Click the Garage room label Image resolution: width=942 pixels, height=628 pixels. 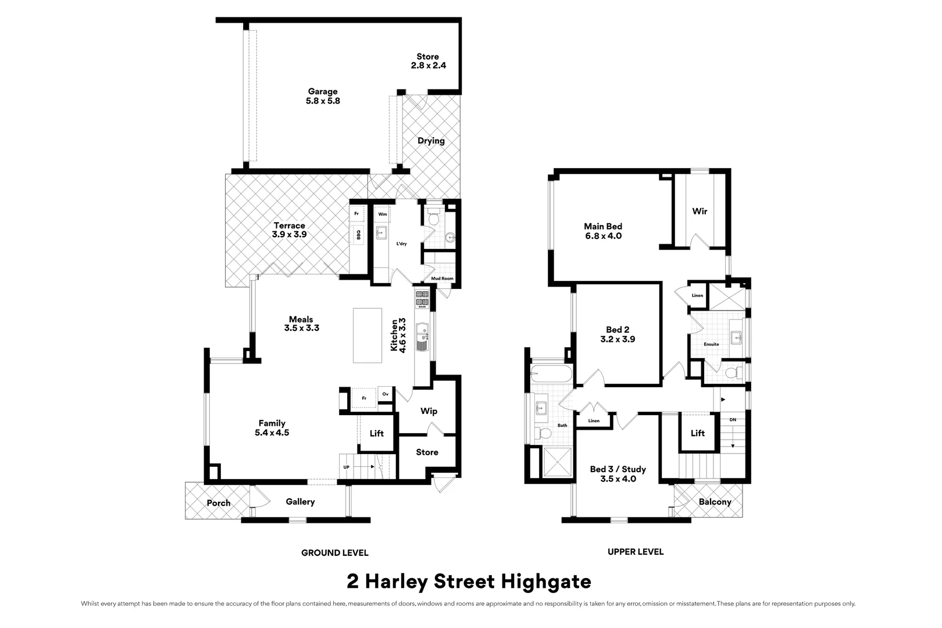[x=323, y=96]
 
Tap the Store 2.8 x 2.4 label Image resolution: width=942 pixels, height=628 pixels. [x=428, y=61]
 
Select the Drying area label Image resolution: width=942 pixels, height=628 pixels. [x=431, y=141]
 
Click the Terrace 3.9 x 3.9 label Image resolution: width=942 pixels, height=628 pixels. [x=289, y=230]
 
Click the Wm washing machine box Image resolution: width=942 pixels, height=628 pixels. [x=382, y=215]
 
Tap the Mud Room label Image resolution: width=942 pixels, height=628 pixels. [x=442, y=279]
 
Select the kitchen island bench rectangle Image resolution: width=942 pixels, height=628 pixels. [x=367, y=336]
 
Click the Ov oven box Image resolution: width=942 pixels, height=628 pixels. [x=385, y=394]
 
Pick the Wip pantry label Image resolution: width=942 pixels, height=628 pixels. [x=429, y=411]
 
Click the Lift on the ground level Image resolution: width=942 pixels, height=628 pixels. [x=377, y=433]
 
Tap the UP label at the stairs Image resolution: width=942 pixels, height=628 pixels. [x=347, y=467]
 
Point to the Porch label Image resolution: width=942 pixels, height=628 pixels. [x=219, y=503]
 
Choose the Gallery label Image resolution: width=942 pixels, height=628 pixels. [x=300, y=502]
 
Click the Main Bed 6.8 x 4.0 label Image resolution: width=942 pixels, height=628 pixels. [x=603, y=231]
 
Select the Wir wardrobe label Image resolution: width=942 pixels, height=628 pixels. [x=700, y=212]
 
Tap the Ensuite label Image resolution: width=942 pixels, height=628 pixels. [x=711, y=344]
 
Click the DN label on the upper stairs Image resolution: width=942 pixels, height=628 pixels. [x=732, y=419]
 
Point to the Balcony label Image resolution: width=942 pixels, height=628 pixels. [x=715, y=502]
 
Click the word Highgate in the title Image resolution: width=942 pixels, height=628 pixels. [x=546, y=581]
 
